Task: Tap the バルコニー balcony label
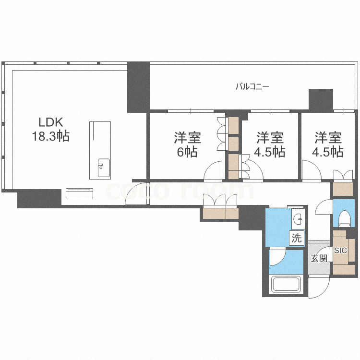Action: point(252,87)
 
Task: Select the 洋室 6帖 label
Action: point(187,145)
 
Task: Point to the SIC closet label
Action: point(340,250)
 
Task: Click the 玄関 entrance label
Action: point(319,259)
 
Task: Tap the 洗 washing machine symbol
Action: point(297,238)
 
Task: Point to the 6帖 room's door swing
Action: point(213,171)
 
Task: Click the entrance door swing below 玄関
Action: point(318,287)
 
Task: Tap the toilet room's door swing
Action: point(324,210)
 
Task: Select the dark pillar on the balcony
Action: point(321,99)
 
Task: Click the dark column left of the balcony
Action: point(138,87)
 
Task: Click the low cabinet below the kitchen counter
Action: point(80,193)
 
